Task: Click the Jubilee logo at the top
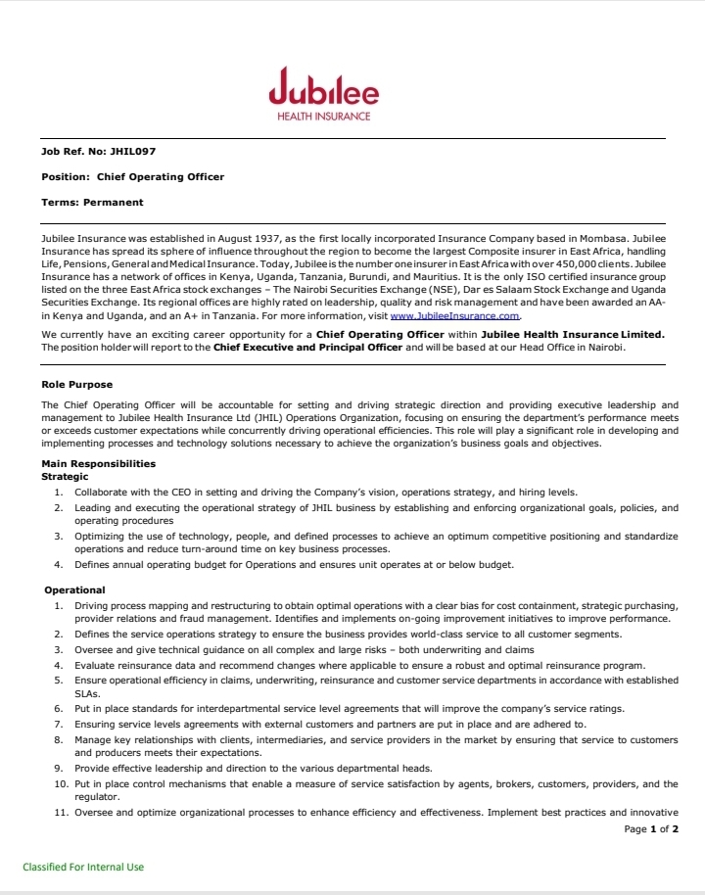click(x=323, y=88)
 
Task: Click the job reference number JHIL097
click(x=131, y=151)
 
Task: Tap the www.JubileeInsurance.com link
click(x=455, y=316)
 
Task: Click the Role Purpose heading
click(x=76, y=385)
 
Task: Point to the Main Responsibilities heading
click(x=98, y=463)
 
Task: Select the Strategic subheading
click(x=65, y=476)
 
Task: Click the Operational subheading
click(x=74, y=589)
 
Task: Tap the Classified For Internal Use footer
click(x=83, y=867)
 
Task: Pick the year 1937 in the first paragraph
click(x=264, y=239)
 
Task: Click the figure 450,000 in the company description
click(x=584, y=264)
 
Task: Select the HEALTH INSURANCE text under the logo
click(x=324, y=117)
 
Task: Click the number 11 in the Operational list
click(x=60, y=813)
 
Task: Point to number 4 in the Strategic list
click(x=59, y=565)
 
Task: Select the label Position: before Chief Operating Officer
click(x=66, y=176)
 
